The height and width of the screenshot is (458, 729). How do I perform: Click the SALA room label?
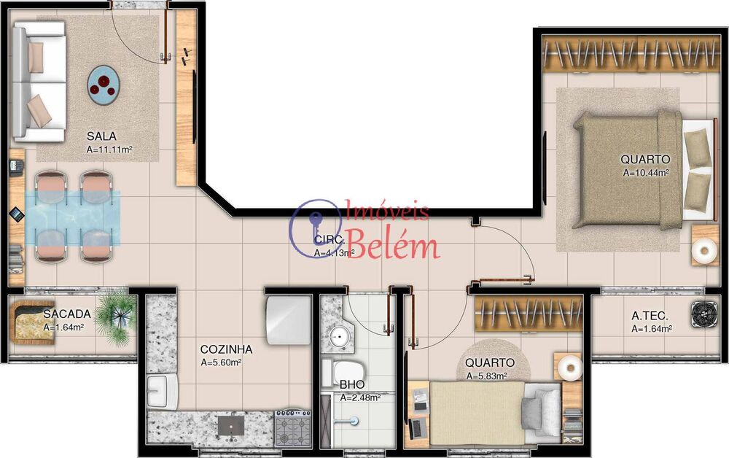click(x=101, y=136)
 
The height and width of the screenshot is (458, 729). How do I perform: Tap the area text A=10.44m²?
click(x=646, y=174)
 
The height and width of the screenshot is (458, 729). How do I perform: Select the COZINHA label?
click(x=226, y=349)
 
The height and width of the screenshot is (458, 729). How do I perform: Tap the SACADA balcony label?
click(x=67, y=314)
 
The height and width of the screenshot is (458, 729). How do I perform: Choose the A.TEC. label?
click(x=647, y=316)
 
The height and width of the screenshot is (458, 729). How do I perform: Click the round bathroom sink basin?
click(x=338, y=338)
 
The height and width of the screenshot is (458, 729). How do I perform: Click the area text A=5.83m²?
click(x=486, y=376)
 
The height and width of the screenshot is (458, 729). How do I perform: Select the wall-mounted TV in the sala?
click(x=195, y=106)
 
